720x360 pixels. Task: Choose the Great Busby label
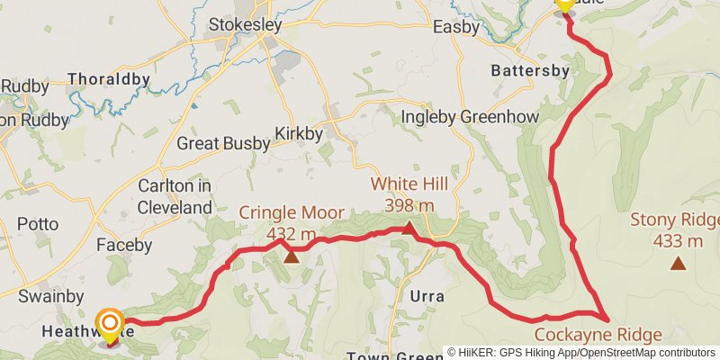[x=222, y=143]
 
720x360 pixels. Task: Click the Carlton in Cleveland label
[x=175, y=196]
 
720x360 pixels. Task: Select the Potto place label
[x=37, y=224]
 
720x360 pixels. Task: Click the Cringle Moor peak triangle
[x=291, y=257]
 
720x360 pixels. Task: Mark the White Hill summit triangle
[x=409, y=229]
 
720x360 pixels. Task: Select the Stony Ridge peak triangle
[x=678, y=263]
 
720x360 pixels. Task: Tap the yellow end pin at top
[x=565, y=4]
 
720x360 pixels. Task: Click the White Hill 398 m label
[x=409, y=195]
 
